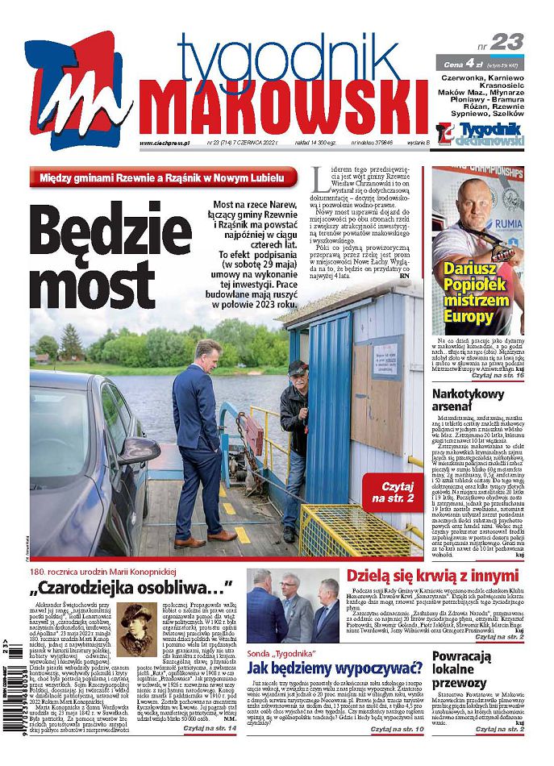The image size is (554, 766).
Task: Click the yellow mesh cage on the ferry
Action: click(x=356, y=529)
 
